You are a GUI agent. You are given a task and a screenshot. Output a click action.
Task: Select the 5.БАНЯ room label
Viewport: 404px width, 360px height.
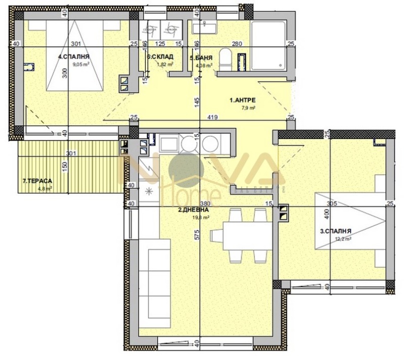pos(200,58)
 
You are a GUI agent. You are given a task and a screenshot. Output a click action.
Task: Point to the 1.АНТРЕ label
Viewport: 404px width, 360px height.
pos(242,101)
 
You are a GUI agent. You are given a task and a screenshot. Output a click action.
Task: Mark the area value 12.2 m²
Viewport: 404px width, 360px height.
pos(343,239)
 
